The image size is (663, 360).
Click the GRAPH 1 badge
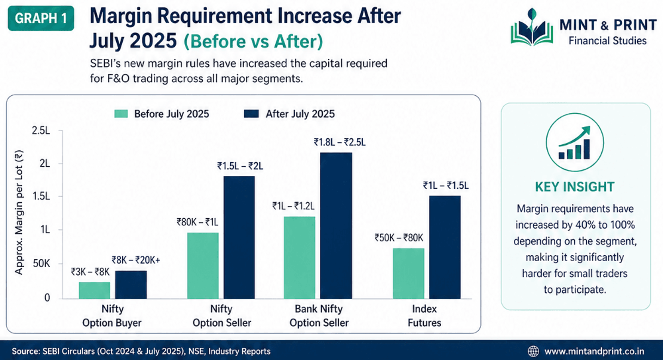pyautogui.click(x=41, y=18)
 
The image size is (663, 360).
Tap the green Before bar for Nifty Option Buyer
pyautogui.click(x=95, y=290)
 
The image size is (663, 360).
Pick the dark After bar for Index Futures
pyautogui.click(x=445, y=247)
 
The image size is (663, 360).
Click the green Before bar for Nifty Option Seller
pyautogui.click(x=203, y=265)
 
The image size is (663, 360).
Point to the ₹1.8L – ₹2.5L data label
pyautogui.click(x=340, y=142)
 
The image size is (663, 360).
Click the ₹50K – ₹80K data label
pyautogui.click(x=399, y=238)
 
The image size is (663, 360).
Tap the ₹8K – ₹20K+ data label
pyautogui.click(x=136, y=260)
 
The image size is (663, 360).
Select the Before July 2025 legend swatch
pyautogui.click(x=121, y=114)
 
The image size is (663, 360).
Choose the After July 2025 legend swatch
pyautogui.click(x=251, y=114)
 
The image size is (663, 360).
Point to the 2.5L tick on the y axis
pyautogui.click(x=41, y=130)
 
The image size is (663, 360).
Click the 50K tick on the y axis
pyautogui.click(x=41, y=264)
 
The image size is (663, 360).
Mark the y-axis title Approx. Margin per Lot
pyautogui.click(x=19, y=212)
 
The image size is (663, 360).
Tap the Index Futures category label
pyautogui.click(x=424, y=316)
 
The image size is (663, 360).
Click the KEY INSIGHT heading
pyautogui.click(x=574, y=187)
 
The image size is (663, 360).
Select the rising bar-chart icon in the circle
pyautogui.click(x=574, y=142)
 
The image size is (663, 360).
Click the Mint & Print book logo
pyautogui.click(x=532, y=28)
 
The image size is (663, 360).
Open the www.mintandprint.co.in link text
pyautogui.click(x=594, y=351)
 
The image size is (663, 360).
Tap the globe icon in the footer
pyautogui.click(x=533, y=351)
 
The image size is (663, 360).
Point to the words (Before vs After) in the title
pyautogui.click(x=253, y=41)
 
